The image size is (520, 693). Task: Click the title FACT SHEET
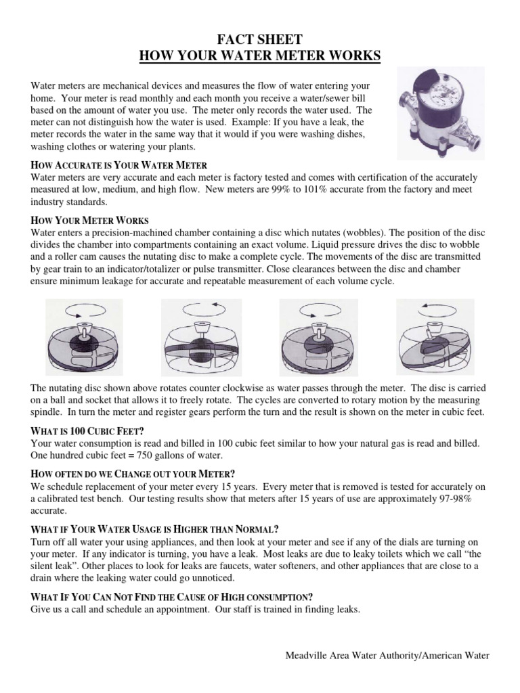(260, 40)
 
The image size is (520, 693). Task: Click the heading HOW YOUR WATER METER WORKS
(260, 55)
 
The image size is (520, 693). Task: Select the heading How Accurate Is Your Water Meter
(118, 165)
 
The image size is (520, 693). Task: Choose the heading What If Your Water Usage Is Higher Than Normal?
(155, 529)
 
